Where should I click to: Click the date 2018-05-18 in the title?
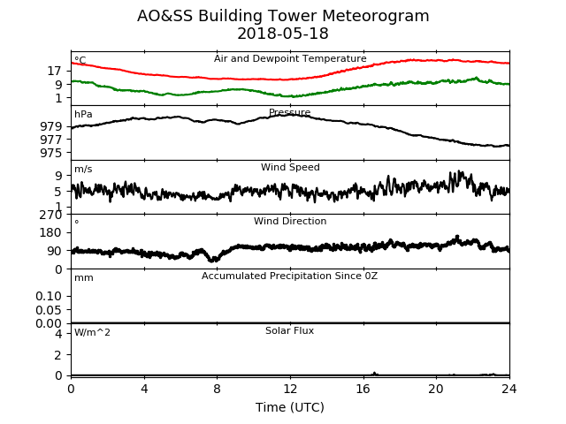click(x=283, y=34)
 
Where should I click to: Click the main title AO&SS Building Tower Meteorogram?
click(x=283, y=16)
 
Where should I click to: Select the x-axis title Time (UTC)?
click(x=290, y=407)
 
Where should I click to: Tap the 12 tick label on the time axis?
click(x=290, y=389)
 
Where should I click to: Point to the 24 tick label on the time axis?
click(x=509, y=389)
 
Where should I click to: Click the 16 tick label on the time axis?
click(x=363, y=389)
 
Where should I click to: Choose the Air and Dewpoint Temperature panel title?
click(x=290, y=58)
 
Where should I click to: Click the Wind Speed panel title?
click(x=290, y=167)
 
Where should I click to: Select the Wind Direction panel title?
click(x=290, y=221)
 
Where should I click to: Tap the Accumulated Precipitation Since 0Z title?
click(x=289, y=276)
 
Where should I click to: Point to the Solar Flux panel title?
click(x=289, y=330)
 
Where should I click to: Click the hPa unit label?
click(x=83, y=114)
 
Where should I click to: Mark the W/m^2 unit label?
click(x=92, y=332)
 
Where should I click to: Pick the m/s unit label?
click(x=83, y=169)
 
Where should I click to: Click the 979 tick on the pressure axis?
click(x=51, y=126)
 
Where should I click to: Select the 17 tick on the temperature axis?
click(x=55, y=72)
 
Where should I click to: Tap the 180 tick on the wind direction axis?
click(x=51, y=232)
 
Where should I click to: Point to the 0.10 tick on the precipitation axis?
click(x=49, y=296)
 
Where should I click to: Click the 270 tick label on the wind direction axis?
click(x=51, y=215)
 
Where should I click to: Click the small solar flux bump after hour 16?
click(x=374, y=374)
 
